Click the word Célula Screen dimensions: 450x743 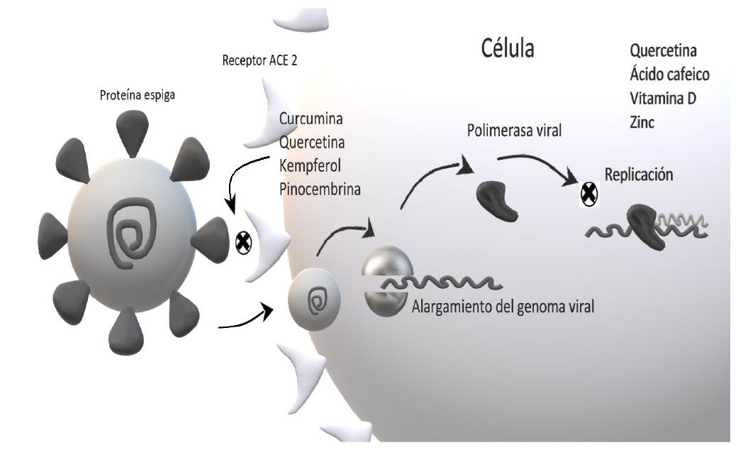pos(508,49)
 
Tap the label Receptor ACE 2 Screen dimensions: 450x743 pos(259,60)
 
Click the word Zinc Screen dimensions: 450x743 pos(642,122)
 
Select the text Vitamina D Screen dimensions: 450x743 pos(662,98)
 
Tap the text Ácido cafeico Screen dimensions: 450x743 pos(669,75)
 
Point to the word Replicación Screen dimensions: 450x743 pos(639,175)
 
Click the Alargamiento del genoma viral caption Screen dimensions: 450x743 pos(503,307)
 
